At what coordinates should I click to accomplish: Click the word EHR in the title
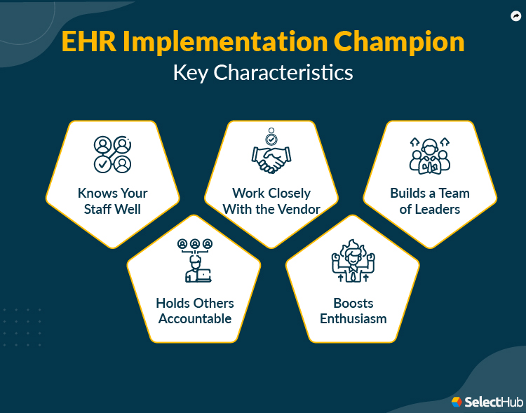tap(88, 42)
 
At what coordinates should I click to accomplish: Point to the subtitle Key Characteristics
tap(263, 72)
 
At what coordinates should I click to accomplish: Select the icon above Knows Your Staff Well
tap(113, 154)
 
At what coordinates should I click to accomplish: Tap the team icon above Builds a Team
tap(429, 155)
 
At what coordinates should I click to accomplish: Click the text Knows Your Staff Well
tap(113, 201)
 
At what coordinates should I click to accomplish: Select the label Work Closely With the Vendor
tap(271, 201)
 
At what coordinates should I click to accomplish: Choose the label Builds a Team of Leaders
tap(429, 201)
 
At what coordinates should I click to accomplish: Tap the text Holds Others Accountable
tap(194, 311)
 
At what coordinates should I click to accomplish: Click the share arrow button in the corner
tap(514, 15)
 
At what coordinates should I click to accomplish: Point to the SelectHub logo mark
tap(457, 401)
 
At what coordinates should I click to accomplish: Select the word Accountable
tap(194, 318)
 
